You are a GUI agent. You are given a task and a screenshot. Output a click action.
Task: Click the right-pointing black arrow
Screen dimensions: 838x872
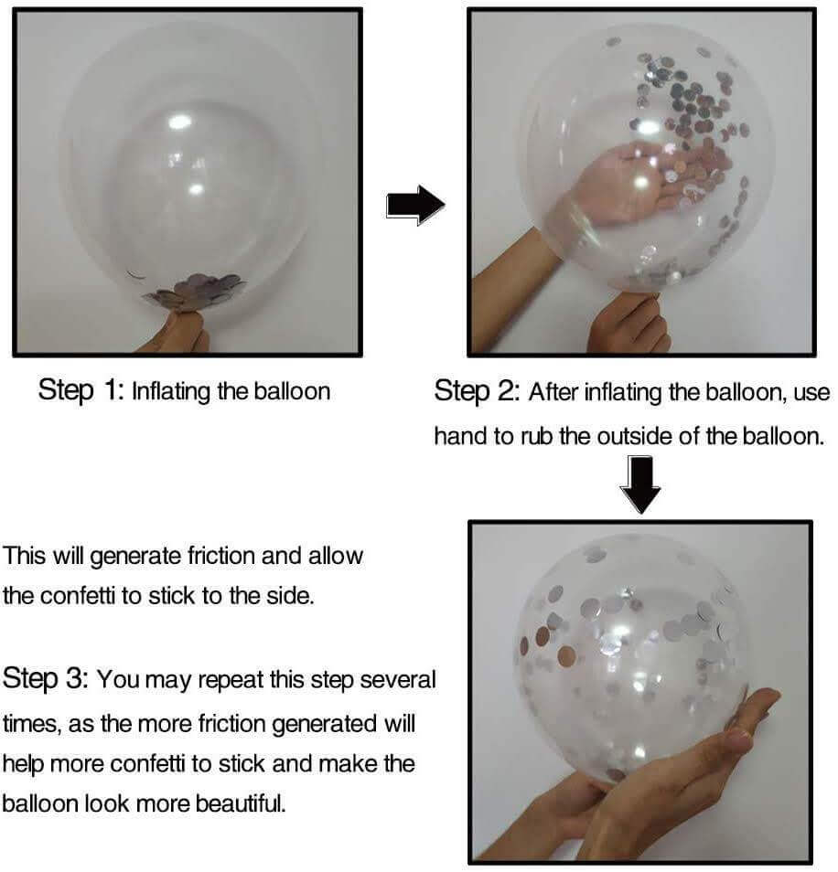(x=415, y=206)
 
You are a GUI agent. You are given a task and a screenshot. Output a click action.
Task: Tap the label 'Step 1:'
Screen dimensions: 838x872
(x=81, y=390)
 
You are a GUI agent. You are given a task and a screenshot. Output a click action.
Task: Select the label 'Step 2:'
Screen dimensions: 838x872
(x=477, y=391)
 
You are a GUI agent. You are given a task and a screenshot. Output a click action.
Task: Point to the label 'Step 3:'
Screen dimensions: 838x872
(x=45, y=679)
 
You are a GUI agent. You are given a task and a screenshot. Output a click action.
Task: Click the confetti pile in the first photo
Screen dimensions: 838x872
(x=195, y=292)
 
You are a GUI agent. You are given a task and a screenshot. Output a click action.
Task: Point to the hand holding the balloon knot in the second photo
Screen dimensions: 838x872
(x=628, y=324)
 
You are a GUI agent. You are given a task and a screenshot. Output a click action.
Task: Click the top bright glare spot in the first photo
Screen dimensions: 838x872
(x=179, y=122)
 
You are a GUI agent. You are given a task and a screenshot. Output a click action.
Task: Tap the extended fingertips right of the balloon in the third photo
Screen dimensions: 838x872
(x=757, y=707)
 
